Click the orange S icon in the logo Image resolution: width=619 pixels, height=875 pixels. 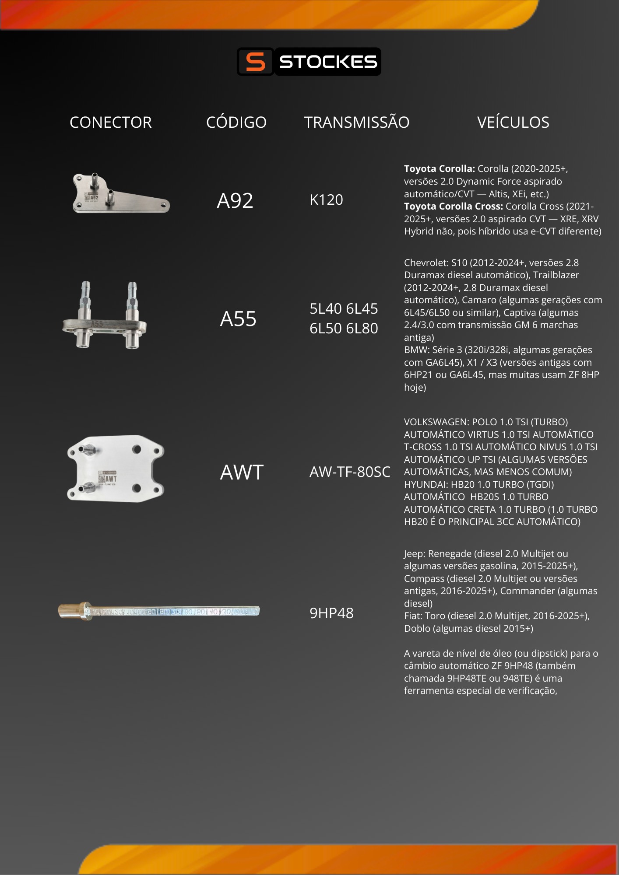click(255, 62)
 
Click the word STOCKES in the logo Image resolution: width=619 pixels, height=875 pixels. click(328, 62)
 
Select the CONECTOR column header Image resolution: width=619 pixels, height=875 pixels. click(111, 122)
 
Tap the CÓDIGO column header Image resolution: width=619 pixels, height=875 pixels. click(236, 122)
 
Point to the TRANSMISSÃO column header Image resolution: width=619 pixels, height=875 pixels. click(357, 122)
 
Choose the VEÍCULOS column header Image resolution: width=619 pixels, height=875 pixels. click(513, 122)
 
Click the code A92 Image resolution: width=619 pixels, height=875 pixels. click(235, 201)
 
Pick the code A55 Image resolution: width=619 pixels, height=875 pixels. click(238, 319)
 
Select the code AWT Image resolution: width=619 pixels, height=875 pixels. click(242, 472)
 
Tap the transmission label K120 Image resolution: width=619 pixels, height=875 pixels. click(326, 200)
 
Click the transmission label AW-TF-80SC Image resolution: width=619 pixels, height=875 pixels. click(350, 472)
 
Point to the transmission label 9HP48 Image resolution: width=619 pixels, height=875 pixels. click(331, 613)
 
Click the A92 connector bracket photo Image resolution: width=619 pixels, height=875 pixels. click(120, 194)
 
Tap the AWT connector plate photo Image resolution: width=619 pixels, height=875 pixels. click(116, 469)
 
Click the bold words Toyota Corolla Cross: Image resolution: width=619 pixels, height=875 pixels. click(454, 206)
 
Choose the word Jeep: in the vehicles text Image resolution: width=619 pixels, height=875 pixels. click(414, 554)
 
